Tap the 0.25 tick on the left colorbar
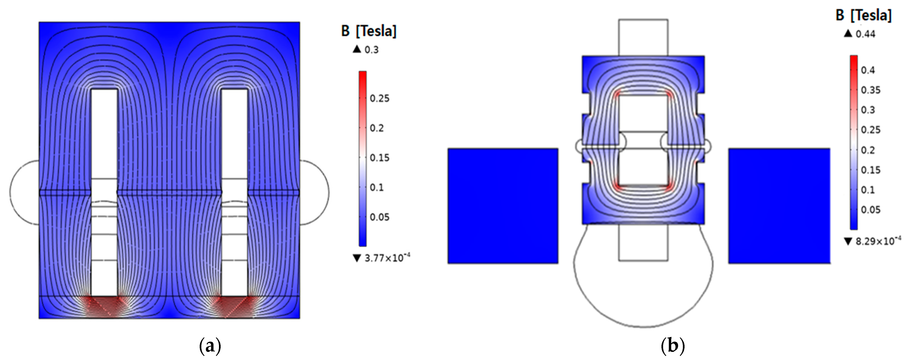pyautogui.click(x=379, y=98)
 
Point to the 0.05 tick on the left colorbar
pyautogui.click(x=379, y=217)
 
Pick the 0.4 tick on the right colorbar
pyautogui.click(x=868, y=70)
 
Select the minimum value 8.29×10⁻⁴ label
pyautogui.click(x=872, y=242)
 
